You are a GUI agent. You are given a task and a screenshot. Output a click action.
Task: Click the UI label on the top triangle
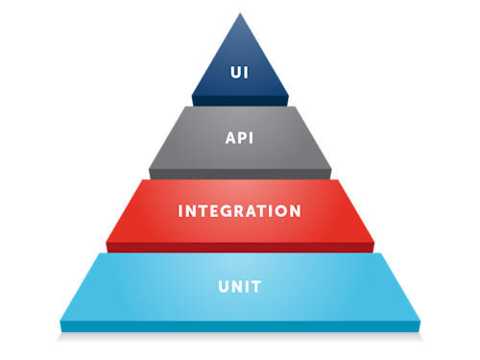pos(240,71)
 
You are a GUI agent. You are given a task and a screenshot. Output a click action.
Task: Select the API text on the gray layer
pos(240,137)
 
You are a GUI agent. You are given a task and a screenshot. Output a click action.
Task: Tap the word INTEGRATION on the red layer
pos(240,210)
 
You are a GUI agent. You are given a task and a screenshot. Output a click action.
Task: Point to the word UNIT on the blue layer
pos(240,286)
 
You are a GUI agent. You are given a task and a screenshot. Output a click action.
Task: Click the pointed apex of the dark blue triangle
pos(240,13)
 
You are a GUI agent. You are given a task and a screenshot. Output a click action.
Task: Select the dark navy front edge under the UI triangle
pos(240,100)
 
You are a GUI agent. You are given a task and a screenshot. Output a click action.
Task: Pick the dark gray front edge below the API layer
pos(240,173)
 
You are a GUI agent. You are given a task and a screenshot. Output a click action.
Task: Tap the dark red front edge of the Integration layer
pos(240,247)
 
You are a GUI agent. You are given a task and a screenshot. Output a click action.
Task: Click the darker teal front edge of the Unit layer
pos(240,326)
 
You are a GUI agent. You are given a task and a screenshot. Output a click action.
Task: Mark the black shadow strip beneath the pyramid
pos(240,339)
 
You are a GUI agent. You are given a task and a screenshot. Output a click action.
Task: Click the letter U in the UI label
pos(235,71)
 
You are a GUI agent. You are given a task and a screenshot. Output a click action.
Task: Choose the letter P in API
pos(240,137)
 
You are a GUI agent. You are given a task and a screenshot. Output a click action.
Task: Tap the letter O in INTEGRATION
pos(282,210)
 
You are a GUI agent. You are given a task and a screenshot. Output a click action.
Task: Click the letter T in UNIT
pos(257,286)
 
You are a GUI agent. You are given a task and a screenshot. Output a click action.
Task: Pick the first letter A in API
pos(229,137)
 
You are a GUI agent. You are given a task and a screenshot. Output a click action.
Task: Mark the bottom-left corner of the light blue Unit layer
pos(60,321)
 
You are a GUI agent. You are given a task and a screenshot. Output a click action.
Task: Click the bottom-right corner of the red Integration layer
pos(375,242)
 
